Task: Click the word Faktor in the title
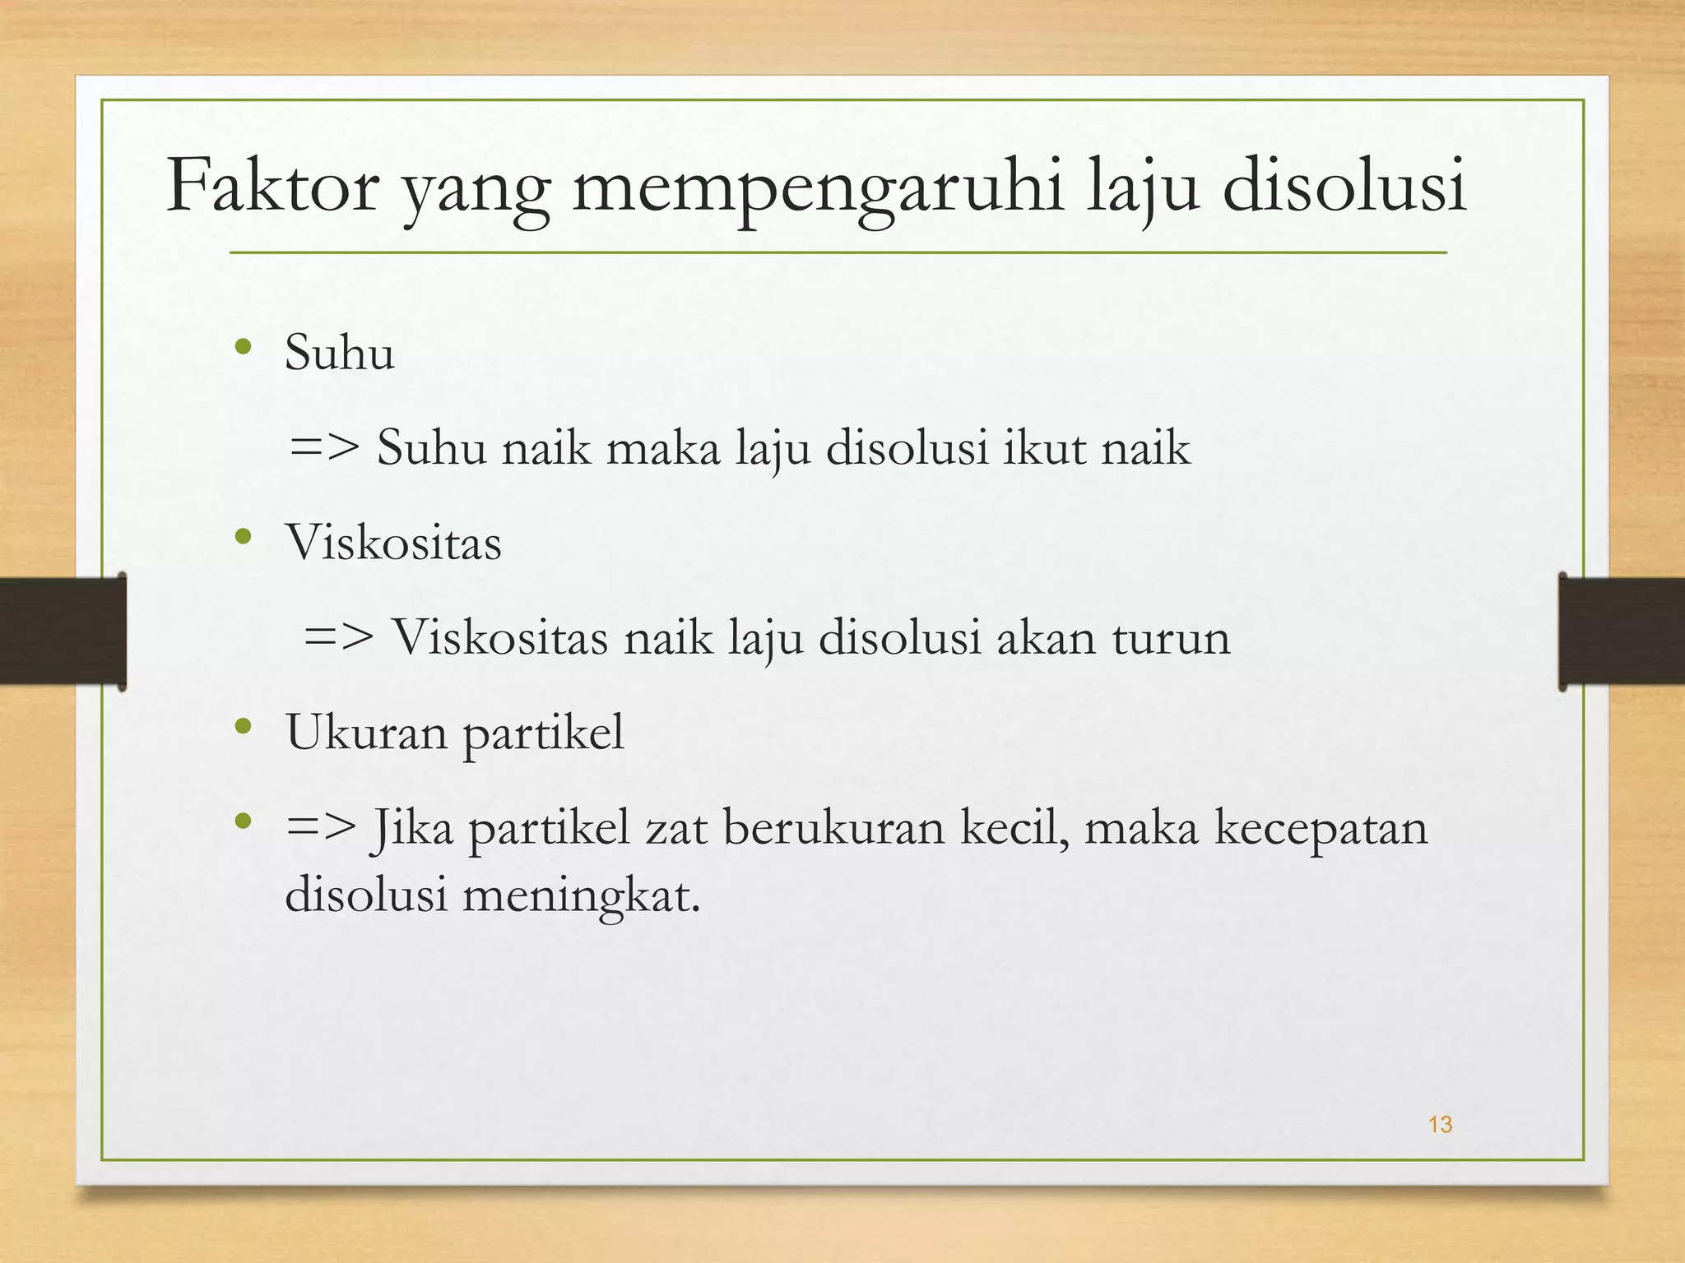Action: coord(272,187)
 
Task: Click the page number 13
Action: coord(1440,1125)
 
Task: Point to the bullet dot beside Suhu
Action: coord(242,347)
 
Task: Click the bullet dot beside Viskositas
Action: coord(242,538)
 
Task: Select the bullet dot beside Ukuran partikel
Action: coord(242,726)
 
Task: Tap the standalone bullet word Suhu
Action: coord(339,354)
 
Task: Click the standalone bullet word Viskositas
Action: coord(393,543)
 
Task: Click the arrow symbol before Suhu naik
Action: coord(325,448)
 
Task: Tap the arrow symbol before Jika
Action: coord(321,826)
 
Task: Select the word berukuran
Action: coord(833,827)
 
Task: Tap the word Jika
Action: coord(411,827)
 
